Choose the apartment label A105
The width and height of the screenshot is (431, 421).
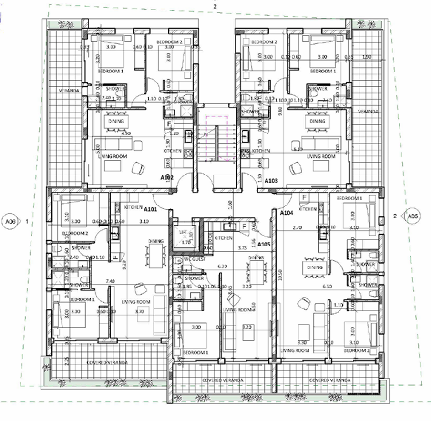(264, 244)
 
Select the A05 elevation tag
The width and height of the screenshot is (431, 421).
(413, 216)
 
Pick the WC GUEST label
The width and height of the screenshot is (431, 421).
(194, 260)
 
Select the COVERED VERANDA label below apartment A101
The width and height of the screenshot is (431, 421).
(106, 362)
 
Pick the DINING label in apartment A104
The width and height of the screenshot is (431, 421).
(315, 267)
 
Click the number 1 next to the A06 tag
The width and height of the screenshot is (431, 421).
(28, 221)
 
